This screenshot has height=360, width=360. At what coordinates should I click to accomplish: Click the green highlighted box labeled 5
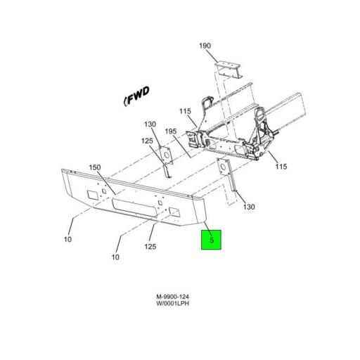(211, 240)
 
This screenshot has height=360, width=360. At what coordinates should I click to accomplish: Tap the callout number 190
(205, 46)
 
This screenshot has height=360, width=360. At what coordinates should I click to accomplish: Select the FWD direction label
(136, 96)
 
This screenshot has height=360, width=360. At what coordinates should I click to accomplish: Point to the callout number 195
(171, 131)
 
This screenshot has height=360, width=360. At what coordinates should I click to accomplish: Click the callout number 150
(95, 167)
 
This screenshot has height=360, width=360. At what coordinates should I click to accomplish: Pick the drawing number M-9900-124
(173, 297)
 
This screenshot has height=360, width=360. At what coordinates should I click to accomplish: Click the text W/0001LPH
(173, 304)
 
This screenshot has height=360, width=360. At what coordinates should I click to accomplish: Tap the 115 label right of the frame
(281, 167)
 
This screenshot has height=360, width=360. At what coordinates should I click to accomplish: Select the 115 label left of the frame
(185, 111)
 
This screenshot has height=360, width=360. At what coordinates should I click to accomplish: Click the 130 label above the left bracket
(150, 124)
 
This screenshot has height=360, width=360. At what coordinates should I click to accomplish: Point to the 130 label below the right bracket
(249, 207)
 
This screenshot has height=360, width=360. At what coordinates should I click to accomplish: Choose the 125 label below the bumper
(150, 246)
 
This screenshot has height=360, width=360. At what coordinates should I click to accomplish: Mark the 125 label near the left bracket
(147, 141)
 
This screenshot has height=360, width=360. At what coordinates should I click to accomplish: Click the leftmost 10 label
(67, 239)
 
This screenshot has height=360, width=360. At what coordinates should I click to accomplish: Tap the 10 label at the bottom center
(115, 257)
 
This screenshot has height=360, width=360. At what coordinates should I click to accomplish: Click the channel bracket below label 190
(229, 69)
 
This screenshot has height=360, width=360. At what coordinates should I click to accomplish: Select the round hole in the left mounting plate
(167, 155)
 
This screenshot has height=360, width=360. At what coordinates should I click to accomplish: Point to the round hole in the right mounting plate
(223, 167)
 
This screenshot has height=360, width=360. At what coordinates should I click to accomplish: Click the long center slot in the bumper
(134, 208)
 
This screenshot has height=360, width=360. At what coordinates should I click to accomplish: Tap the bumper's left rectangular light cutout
(91, 194)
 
